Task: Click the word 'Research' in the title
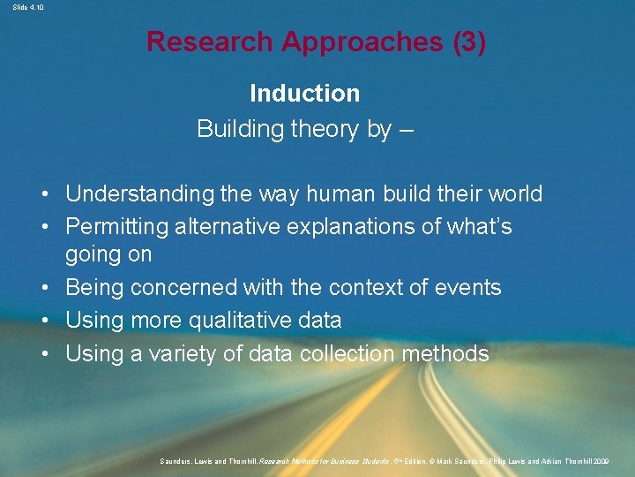209,42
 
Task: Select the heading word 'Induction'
304,93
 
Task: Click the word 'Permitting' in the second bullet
116,226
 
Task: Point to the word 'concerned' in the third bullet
183,288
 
